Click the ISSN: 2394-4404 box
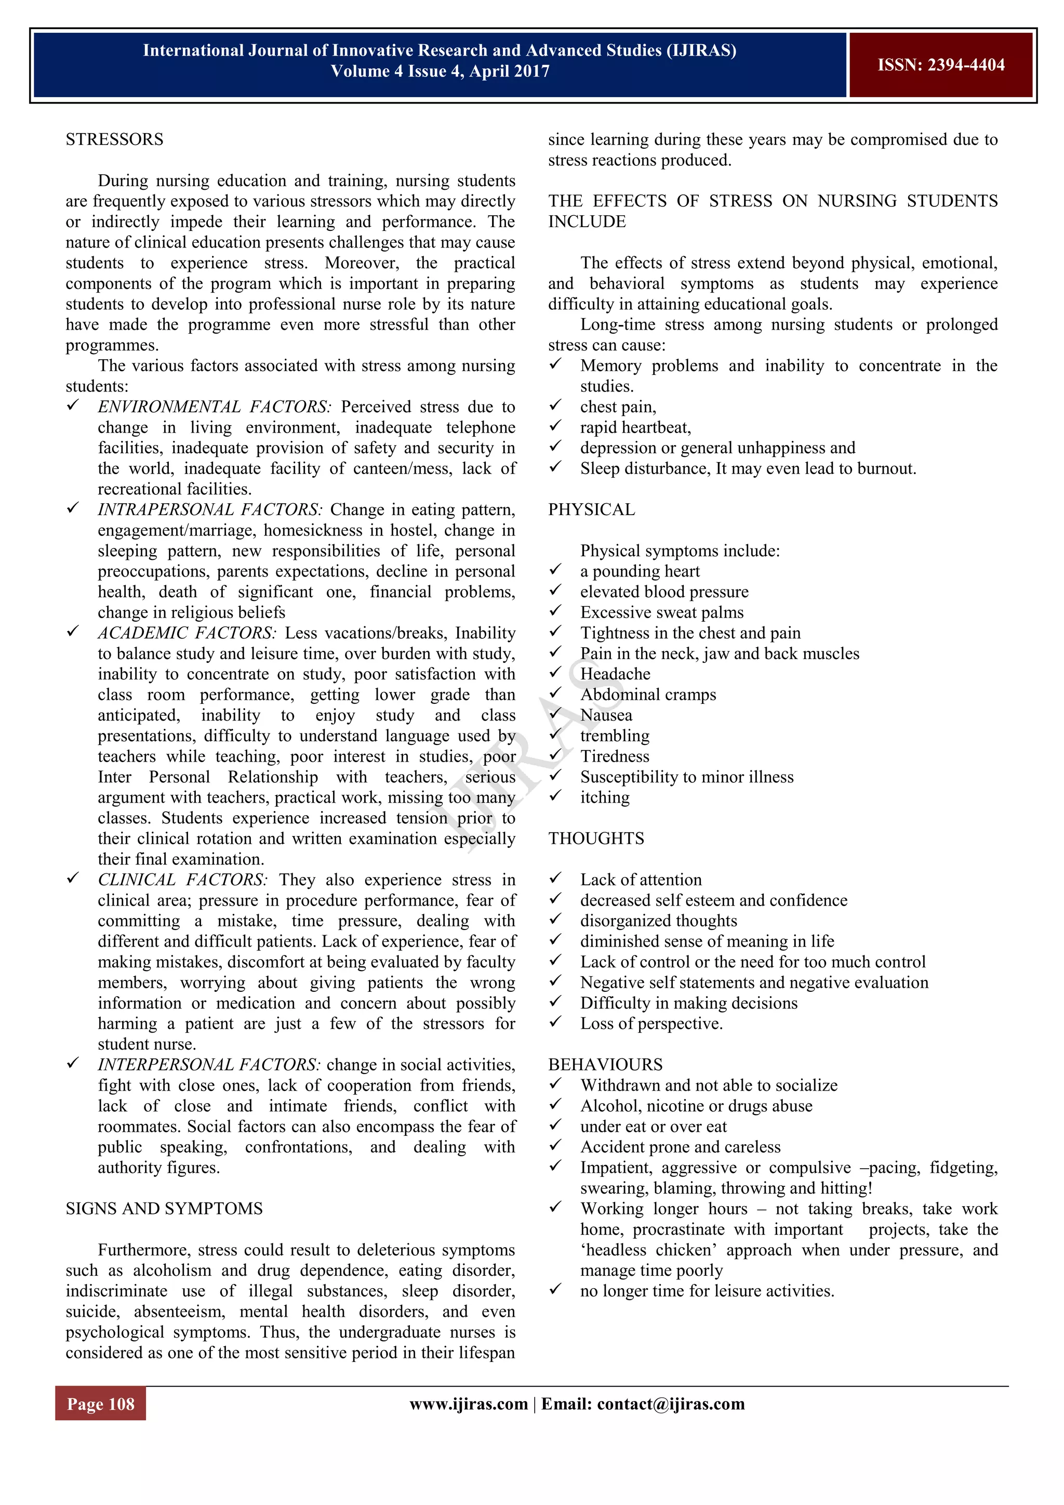(941, 65)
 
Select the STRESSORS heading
(115, 140)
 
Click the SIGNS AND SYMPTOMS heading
(164, 1209)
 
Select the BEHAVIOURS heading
(605, 1065)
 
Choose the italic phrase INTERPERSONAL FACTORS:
(208, 1065)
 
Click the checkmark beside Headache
(555, 673)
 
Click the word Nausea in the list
(606, 715)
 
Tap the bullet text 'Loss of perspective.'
(651, 1024)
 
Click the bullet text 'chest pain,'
(618, 407)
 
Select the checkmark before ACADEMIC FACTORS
(73, 631)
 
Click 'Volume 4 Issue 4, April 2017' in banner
(440, 71)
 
